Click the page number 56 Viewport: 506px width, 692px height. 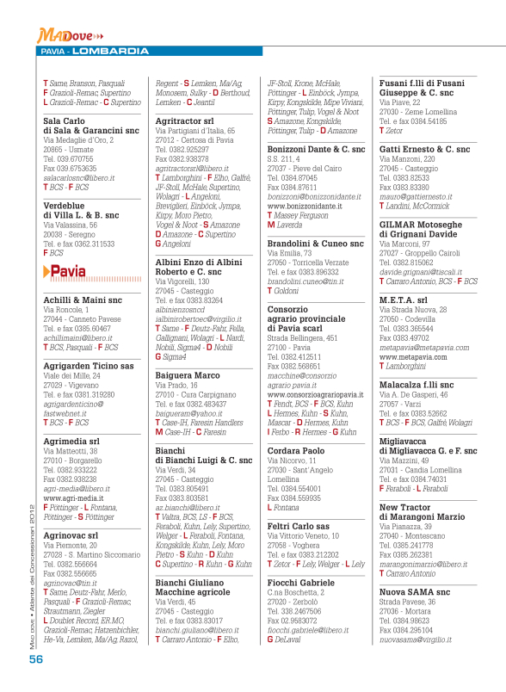coord(35,658)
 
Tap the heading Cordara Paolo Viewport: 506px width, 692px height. coord(296,449)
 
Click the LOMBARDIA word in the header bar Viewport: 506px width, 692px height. coord(109,52)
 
